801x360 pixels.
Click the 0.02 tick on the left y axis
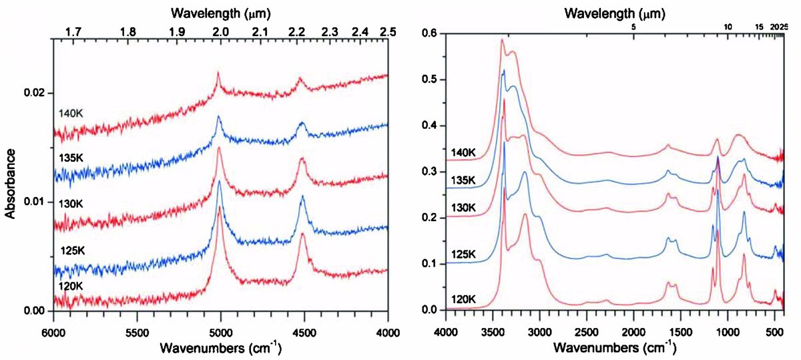point(37,92)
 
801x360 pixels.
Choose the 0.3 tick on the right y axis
point(429,172)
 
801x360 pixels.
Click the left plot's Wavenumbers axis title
point(221,348)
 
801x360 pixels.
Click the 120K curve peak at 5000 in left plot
point(220,207)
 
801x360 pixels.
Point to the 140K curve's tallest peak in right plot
point(502,40)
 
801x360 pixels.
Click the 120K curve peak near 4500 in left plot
point(303,234)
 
